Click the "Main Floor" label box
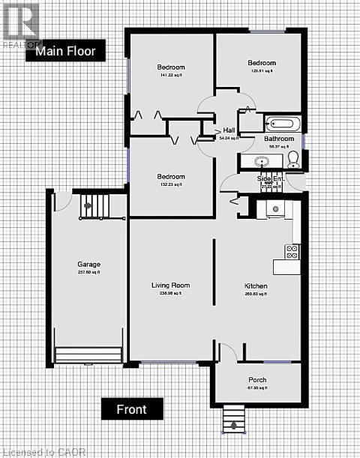[x=65, y=50]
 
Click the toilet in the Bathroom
[x=293, y=158]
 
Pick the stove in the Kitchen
[x=292, y=252]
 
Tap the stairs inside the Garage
[x=94, y=204]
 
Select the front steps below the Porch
[x=235, y=418]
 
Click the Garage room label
[x=88, y=265]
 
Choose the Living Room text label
[x=171, y=285]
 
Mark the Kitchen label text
[x=256, y=286]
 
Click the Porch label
[x=257, y=379]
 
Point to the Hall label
[x=229, y=130]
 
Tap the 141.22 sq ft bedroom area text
[x=171, y=75]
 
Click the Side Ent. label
[x=267, y=178]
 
